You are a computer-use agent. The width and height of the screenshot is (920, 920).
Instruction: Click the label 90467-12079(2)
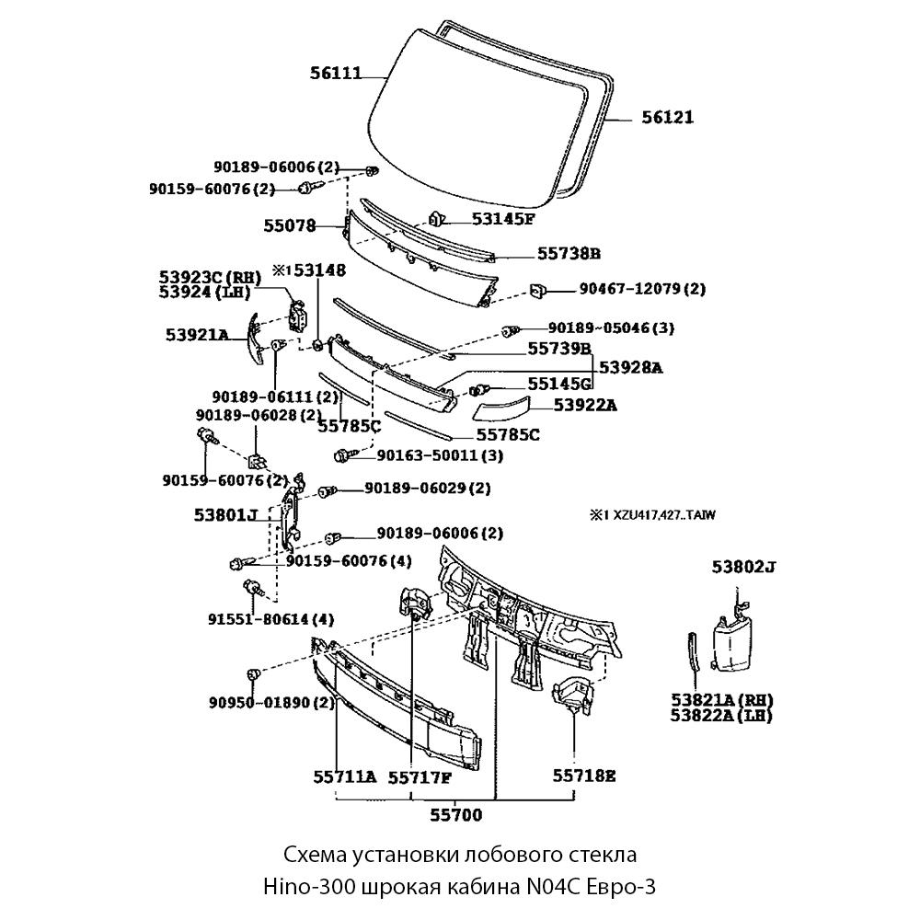pyautogui.click(x=641, y=288)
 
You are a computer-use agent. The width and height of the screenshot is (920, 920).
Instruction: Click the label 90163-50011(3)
pyautogui.click(x=429, y=455)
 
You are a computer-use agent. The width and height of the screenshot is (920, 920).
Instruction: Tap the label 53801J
pyautogui.click(x=226, y=515)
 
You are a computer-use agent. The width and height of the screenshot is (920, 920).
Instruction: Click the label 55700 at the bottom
pyautogui.click(x=455, y=814)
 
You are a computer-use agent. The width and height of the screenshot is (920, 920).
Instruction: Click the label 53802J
pyautogui.click(x=742, y=568)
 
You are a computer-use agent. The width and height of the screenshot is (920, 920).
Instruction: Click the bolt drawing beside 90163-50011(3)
pyautogui.click(x=341, y=454)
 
